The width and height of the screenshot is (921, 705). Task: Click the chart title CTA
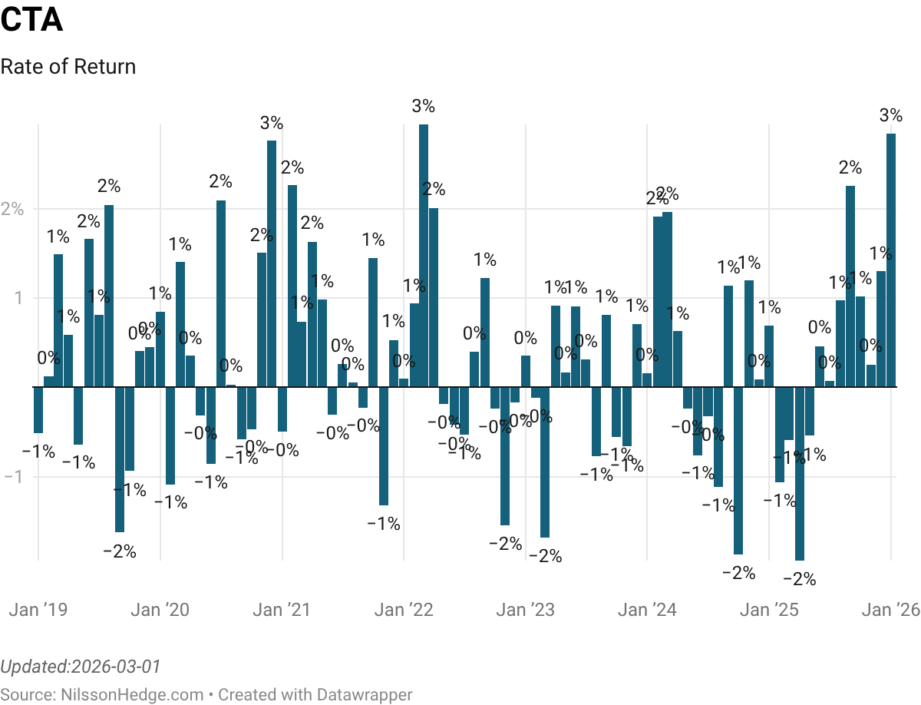(31, 20)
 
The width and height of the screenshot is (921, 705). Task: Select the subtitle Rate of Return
(68, 67)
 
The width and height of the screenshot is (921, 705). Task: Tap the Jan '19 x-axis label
(38, 610)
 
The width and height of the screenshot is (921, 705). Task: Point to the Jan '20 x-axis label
(160, 610)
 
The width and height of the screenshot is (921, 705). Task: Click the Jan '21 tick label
(282, 610)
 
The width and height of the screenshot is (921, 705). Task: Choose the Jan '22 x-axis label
(404, 610)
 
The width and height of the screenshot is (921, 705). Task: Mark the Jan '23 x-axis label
(525, 610)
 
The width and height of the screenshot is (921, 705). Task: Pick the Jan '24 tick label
(647, 610)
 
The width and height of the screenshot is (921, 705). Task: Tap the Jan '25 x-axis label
(769, 610)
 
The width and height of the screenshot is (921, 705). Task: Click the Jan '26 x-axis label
(890, 610)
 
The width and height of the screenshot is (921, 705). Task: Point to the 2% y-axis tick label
(12, 209)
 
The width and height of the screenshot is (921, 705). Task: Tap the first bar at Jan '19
(38, 410)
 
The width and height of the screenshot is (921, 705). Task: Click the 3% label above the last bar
(891, 116)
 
